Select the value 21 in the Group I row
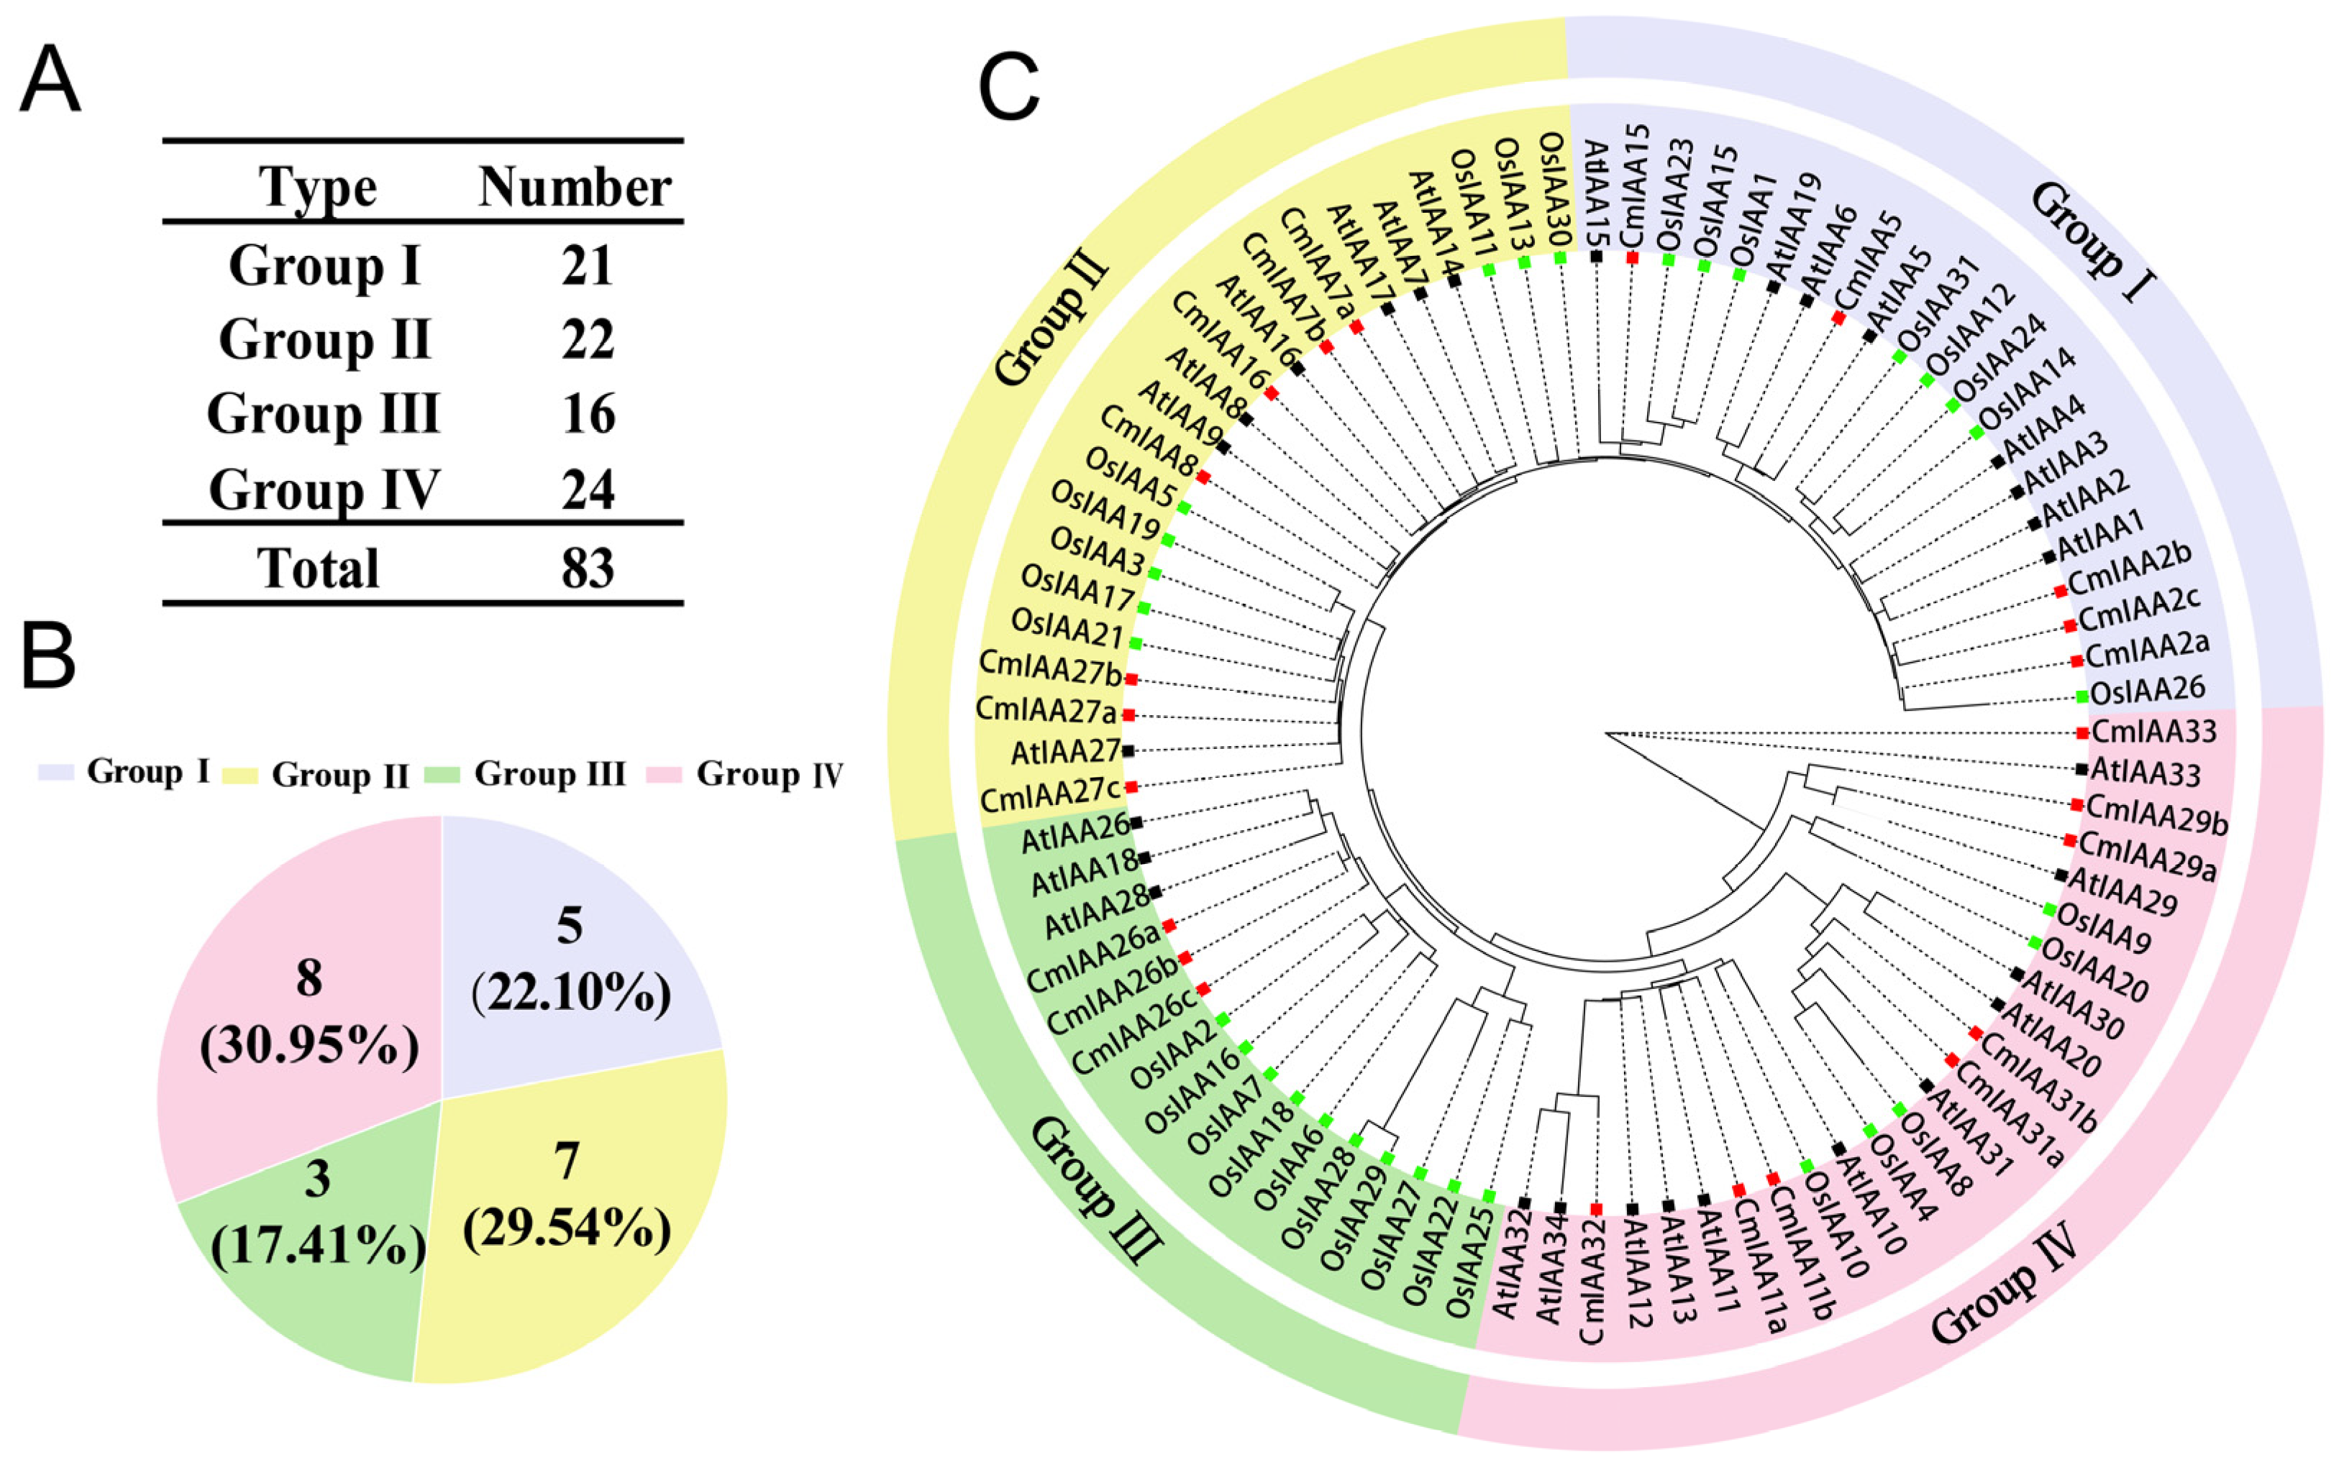(587, 265)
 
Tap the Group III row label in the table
(323, 413)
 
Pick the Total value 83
(587, 569)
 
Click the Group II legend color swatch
(240, 774)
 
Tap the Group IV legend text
(769, 774)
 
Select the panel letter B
(48, 656)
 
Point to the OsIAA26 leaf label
(2148, 691)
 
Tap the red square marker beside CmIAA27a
(1128, 715)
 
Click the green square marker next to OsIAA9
(2049, 909)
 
